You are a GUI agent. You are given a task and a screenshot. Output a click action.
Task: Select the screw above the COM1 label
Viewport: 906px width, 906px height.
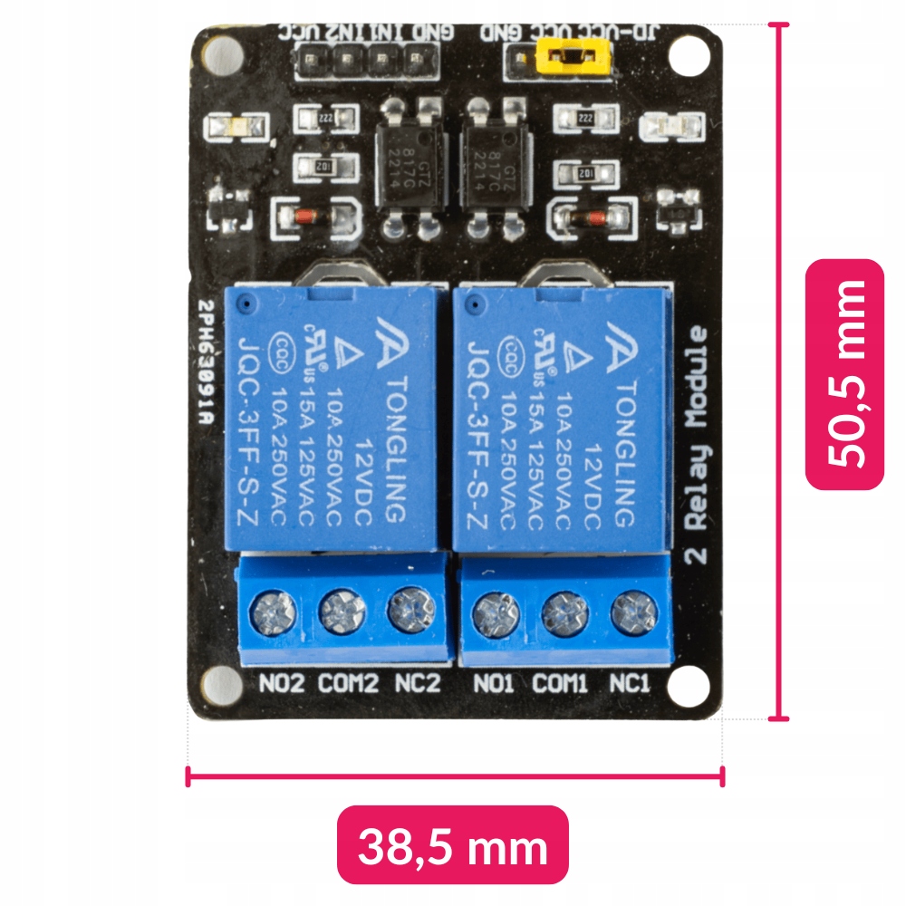[x=564, y=615]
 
